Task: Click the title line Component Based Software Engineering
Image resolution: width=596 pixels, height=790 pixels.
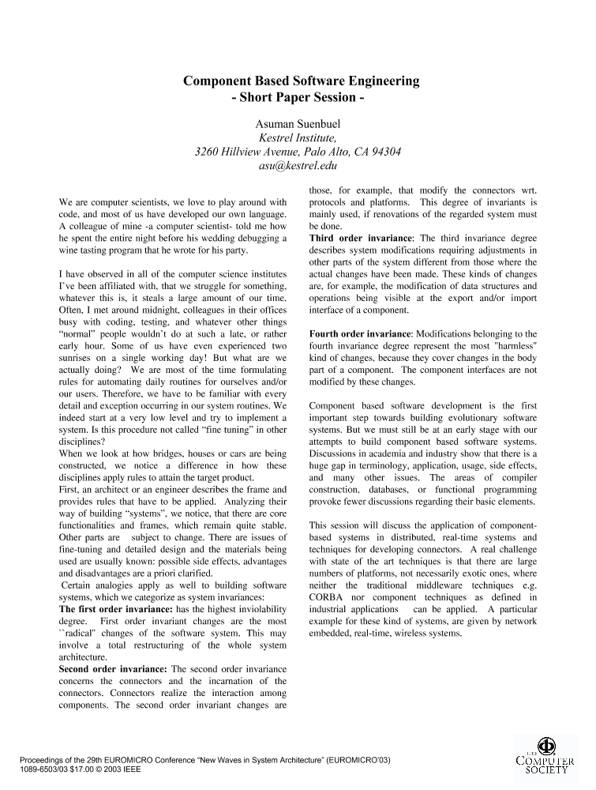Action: coord(302,81)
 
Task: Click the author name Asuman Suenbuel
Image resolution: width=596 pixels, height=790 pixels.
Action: coord(298,124)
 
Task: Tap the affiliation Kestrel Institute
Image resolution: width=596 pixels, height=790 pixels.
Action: coord(298,137)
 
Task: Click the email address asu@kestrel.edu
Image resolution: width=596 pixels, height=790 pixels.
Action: coord(298,166)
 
